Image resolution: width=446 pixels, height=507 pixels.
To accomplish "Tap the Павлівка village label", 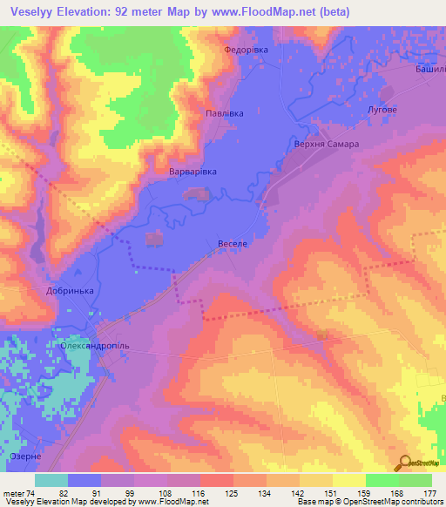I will click(x=224, y=113).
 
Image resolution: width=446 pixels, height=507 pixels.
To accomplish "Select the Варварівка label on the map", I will click(x=193, y=172).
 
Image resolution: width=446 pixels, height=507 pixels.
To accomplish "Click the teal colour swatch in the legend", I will click(x=51, y=479).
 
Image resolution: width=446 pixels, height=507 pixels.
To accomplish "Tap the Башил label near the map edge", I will click(x=429, y=68).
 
